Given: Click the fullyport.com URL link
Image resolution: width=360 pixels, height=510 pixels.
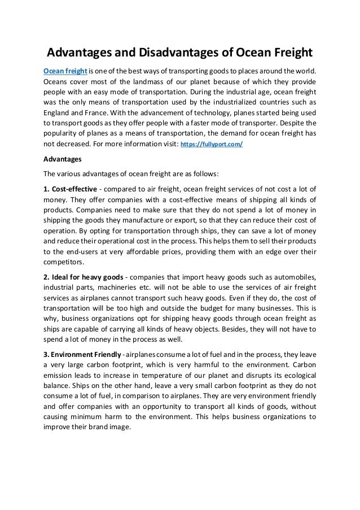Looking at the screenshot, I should coord(211,145).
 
